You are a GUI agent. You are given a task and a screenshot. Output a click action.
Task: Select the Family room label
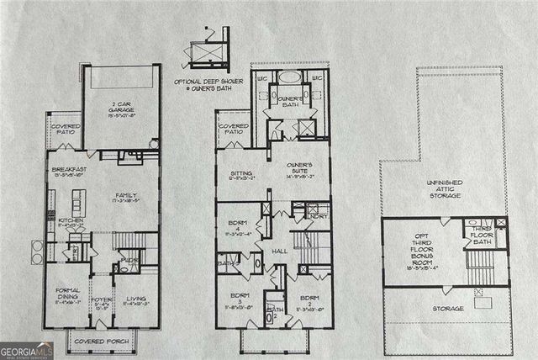127,199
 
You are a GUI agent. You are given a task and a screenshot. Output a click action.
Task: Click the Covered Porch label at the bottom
99,341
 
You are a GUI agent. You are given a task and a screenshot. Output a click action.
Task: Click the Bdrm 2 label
310,300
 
